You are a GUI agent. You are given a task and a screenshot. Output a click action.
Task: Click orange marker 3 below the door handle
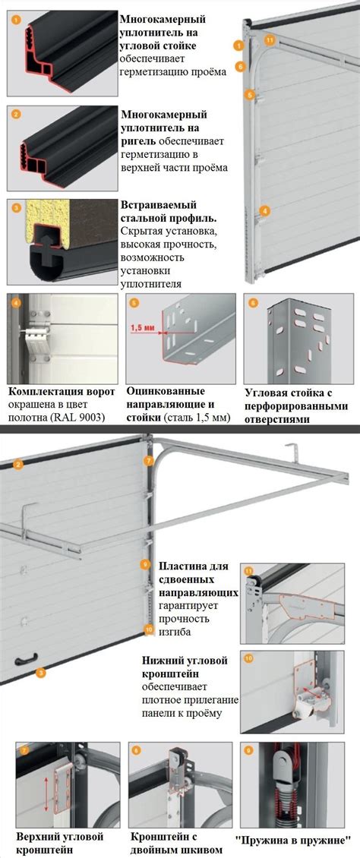[x=40, y=673]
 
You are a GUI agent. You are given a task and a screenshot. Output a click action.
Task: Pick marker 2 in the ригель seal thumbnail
[x=16, y=115]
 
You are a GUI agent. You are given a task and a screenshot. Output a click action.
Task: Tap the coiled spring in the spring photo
[x=285, y=803]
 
